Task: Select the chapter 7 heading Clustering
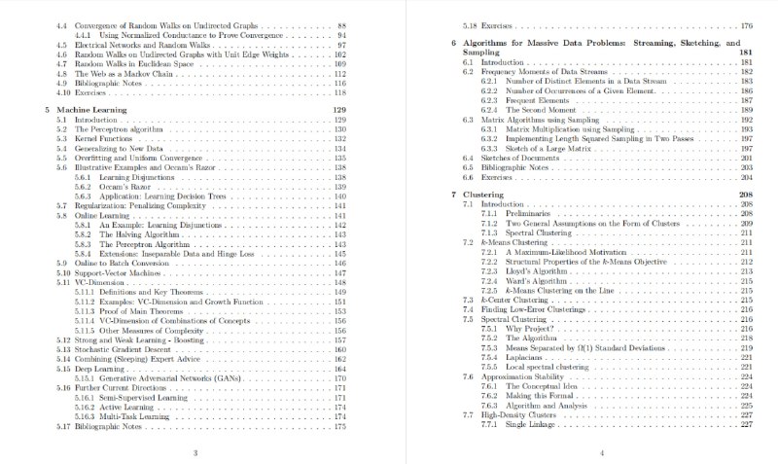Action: coord(489,195)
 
